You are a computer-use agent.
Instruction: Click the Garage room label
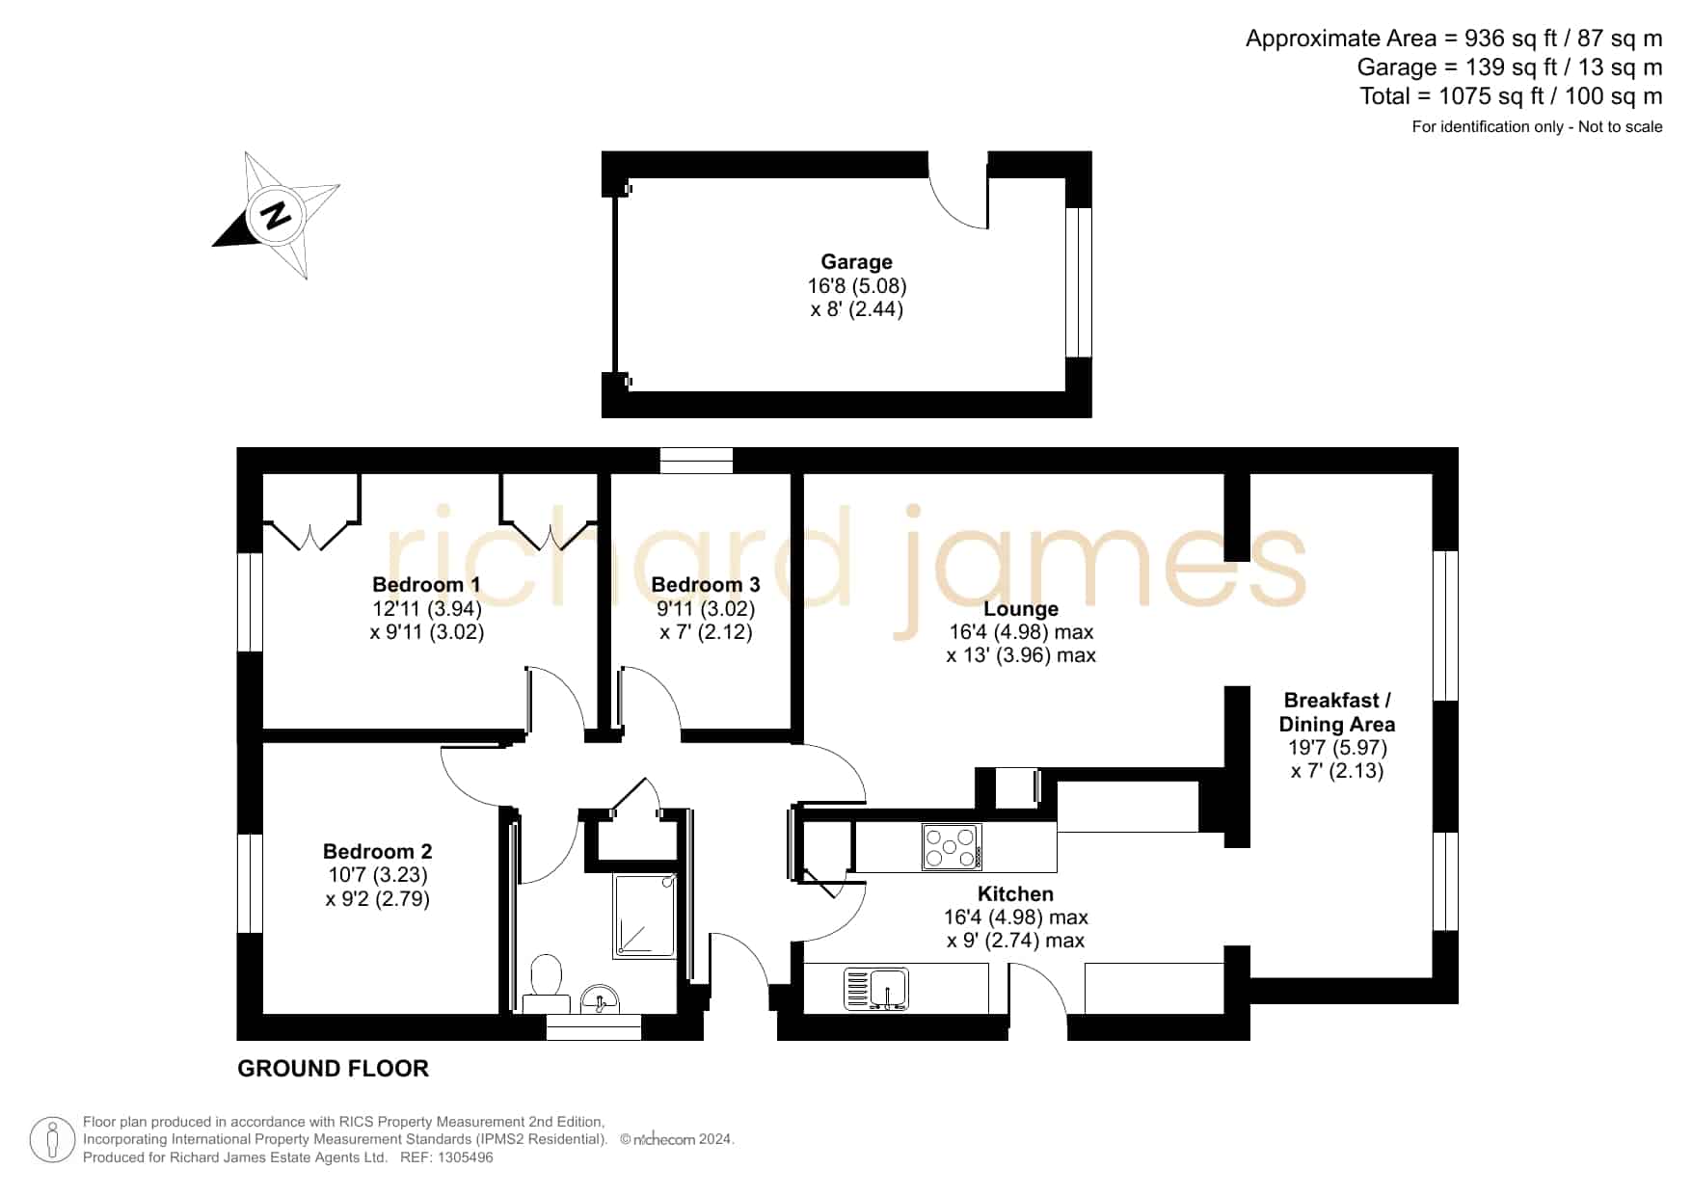coord(856,261)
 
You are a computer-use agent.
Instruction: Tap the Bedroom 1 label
coord(426,584)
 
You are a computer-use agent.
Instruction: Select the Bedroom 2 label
coord(377,851)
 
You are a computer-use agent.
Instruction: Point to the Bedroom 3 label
coord(706,584)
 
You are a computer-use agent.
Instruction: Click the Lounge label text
coord(1021,609)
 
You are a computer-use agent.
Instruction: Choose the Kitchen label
coord(1015,893)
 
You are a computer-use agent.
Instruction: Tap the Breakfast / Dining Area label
coord(1337,712)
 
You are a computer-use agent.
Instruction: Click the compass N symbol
coord(277,214)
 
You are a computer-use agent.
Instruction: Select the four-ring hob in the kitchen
coord(952,847)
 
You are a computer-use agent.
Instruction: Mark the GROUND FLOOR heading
coord(333,1069)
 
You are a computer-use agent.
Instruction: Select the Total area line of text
coord(1511,96)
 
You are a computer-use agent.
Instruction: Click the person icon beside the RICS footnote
coord(52,1140)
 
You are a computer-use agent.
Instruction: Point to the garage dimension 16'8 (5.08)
coord(857,286)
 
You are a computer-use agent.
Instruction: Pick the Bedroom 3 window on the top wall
coord(696,461)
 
